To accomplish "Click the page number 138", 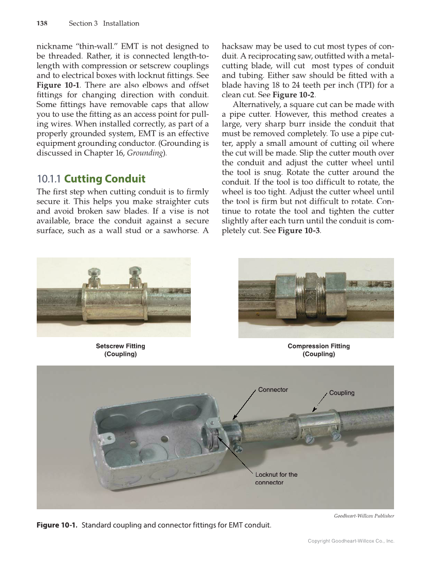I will (42, 23).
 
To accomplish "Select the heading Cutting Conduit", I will (104, 179).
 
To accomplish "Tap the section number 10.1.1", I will (49, 179).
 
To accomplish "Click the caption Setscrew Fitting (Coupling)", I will (120, 350).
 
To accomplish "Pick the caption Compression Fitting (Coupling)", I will (319, 350).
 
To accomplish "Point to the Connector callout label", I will (273, 389).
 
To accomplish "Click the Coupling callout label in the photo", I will (342, 393).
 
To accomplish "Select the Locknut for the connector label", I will (276, 478).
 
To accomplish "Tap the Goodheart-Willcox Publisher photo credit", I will (364, 515).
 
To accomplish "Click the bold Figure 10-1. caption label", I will (57, 526).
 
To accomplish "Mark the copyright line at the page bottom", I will (351, 541).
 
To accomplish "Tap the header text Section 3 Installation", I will (104, 23).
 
